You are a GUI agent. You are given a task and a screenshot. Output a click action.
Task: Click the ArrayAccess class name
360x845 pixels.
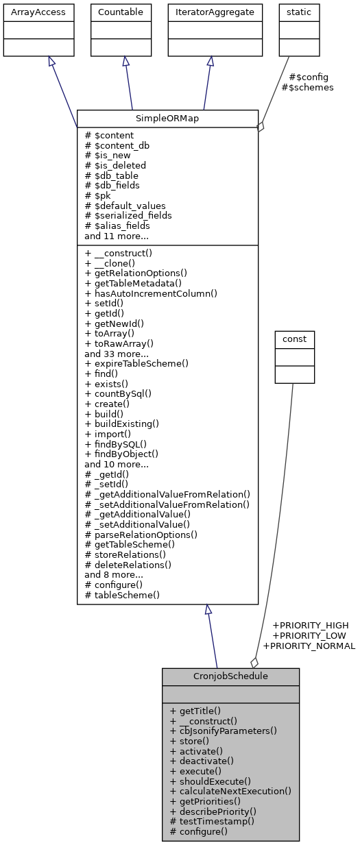click(38, 12)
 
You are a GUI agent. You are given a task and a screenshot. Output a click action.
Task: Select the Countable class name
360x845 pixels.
click(121, 12)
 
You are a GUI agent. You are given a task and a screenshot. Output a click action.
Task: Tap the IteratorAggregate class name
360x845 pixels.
click(215, 12)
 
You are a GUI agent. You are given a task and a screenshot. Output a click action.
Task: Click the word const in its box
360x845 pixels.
click(294, 339)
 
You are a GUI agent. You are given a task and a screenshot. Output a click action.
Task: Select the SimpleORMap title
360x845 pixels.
click(167, 118)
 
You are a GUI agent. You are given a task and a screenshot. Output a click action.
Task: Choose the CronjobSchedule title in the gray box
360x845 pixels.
click(230, 676)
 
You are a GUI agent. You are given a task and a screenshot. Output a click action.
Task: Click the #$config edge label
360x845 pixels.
click(309, 77)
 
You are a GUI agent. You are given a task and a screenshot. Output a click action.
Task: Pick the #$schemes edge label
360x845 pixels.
click(307, 88)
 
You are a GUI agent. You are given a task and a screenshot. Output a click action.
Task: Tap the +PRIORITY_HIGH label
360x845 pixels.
click(310, 625)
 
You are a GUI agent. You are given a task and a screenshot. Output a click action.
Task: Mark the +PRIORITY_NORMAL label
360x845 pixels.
click(309, 646)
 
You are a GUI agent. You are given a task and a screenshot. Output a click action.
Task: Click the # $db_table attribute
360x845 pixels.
click(111, 175)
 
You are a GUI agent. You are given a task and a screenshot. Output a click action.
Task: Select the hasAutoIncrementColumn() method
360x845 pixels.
click(151, 293)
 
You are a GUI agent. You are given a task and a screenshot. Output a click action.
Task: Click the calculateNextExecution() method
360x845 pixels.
click(230, 791)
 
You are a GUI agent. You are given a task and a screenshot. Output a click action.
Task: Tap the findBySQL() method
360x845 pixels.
click(115, 443)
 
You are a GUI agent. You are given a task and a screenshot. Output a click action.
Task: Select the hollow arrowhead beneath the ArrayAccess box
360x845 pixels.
click(51, 62)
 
